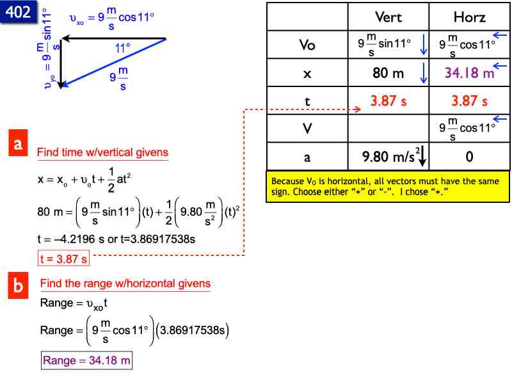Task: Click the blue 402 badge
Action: coord(18,12)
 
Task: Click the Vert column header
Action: coord(388,17)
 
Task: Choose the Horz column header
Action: coord(469,17)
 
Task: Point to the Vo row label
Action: coord(307,45)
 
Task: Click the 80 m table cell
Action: coord(388,73)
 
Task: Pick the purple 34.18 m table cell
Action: coord(469,73)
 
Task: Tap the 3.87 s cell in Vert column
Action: coord(388,101)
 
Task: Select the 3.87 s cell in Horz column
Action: coord(469,101)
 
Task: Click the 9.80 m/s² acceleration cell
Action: coord(388,156)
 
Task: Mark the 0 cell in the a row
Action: coord(469,156)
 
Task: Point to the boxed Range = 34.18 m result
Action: coord(87,361)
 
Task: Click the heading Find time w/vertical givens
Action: coord(102,152)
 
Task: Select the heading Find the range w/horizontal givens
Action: coord(125,284)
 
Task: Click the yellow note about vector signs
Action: coord(388,186)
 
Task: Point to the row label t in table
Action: coord(307,101)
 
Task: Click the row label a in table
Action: coord(307,156)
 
